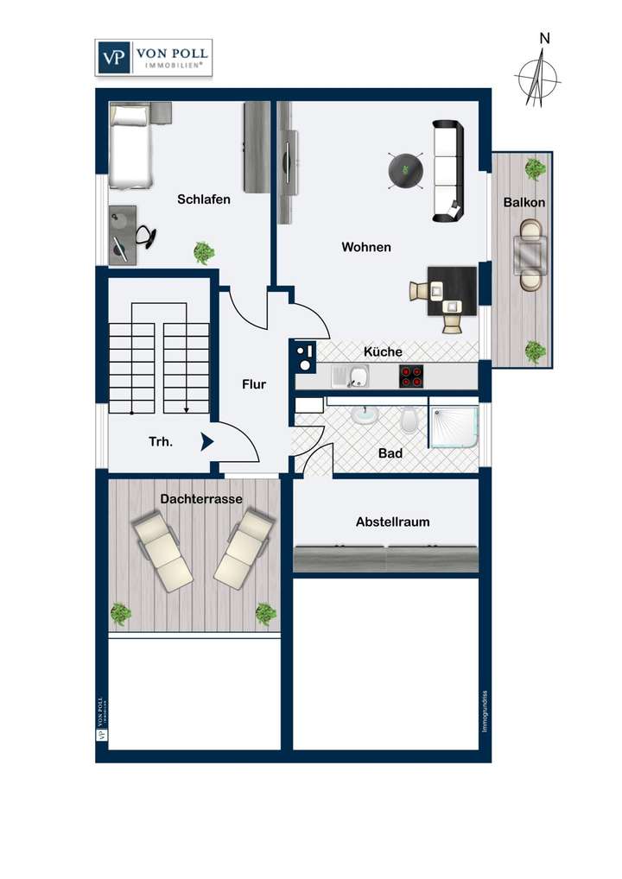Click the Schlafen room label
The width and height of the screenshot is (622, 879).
[x=204, y=199]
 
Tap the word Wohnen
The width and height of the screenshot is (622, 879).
[x=366, y=247]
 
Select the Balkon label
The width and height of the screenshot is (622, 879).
[x=524, y=202]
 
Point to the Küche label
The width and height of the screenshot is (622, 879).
[x=383, y=352]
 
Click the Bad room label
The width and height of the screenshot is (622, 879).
[x=390, y=453]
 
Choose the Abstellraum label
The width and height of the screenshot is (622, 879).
[x=393, y=522]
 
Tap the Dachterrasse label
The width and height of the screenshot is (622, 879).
[x=200, y=499]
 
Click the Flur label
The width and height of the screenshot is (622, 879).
[x=253, y=385]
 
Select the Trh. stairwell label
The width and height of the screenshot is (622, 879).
[x=161, y=442]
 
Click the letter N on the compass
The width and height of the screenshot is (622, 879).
[x=544, y=38]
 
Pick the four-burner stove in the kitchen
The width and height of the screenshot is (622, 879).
[x=411, y=376]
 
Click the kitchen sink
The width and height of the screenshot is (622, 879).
[x=358, y=376]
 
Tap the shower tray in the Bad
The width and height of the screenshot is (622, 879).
[x=453, y=427]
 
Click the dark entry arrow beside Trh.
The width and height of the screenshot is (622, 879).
[x=207, y=442]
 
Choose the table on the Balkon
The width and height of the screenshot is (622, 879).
[x=529, y=255]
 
